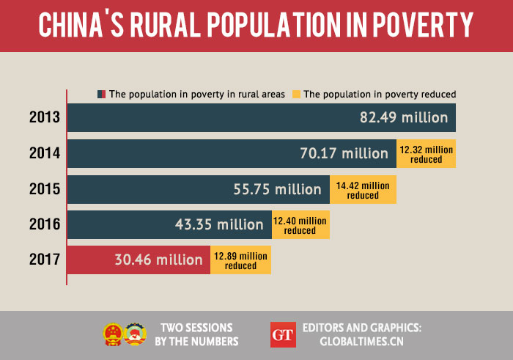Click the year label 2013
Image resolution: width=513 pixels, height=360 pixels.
point(44,117)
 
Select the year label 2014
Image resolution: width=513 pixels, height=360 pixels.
point(44,153)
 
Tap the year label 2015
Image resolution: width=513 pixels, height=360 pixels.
point(44,189)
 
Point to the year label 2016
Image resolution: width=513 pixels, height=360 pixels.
point(44,224)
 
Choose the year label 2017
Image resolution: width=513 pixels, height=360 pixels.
point(44,260)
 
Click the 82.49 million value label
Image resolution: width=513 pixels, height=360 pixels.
point(403,117)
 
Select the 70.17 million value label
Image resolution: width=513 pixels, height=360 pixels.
point(344,153)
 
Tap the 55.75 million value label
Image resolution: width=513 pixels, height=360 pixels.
point(277,189)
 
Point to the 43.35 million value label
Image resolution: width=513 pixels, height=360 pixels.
point(218,224)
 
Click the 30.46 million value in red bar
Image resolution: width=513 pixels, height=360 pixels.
point(158,260)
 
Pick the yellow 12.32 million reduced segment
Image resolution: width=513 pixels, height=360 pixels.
point(426,154)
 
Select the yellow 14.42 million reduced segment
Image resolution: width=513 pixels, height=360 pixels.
point(363,190)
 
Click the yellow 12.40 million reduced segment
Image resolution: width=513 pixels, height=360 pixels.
point(300,225)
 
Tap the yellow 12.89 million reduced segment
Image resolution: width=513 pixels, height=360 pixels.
point(241,260)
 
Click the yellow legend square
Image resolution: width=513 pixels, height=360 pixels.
point(296,95)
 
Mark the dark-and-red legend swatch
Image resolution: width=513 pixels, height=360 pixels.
point(101,95)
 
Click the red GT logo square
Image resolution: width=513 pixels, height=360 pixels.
point(282,334)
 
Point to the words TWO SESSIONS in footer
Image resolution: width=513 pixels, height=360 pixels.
point(196,328)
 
